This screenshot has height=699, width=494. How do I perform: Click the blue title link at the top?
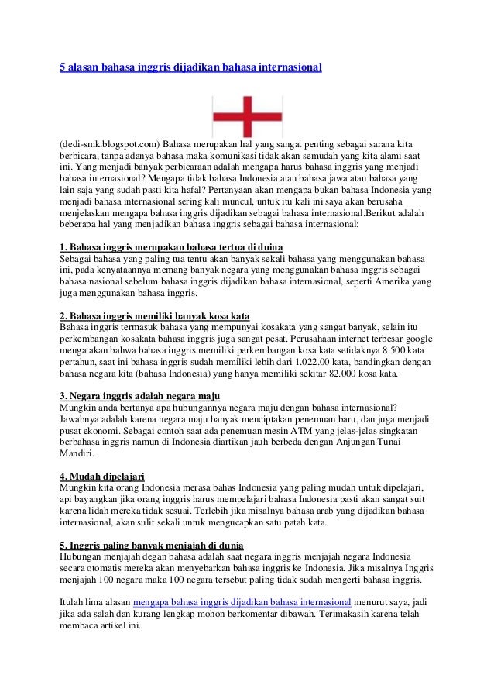click(x=190, y=67)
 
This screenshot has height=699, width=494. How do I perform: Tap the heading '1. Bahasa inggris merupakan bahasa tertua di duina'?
click(x=170, y=247)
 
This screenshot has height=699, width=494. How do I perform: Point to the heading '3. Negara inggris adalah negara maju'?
click(x=137, y=397)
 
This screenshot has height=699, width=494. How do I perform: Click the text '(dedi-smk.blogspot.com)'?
click(x=109, y=144)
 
